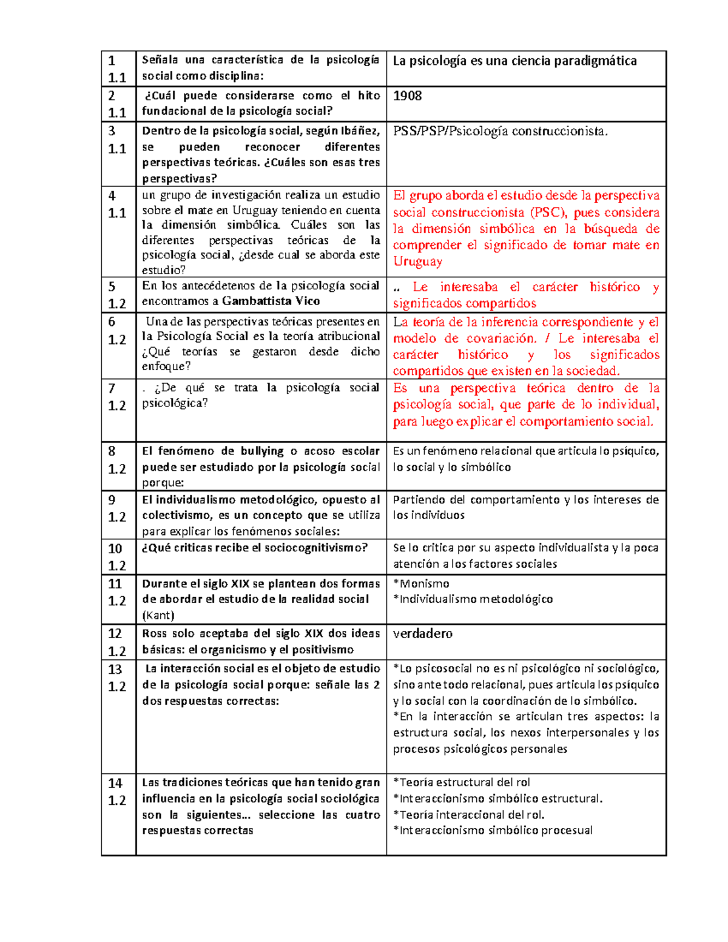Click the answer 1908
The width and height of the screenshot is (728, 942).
point(407,96)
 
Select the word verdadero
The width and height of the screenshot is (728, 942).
point(422,634)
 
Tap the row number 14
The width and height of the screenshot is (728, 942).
point(115,783)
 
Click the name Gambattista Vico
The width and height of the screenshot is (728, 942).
point(271,301)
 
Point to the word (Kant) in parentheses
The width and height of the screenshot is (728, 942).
point(158,616)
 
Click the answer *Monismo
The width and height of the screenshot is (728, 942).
point(421,584)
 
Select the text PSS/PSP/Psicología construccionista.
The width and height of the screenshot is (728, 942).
point(500,131)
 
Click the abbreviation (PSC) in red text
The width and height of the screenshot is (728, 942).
point(548,212)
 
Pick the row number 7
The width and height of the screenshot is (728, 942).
point(112,388)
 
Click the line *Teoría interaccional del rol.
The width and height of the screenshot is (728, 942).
point(468,815)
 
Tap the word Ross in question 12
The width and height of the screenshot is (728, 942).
point(154,634)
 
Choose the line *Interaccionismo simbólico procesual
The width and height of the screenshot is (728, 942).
point(493,830)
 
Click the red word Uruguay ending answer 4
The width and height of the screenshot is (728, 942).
point(417,261)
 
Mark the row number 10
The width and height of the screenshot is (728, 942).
point(115,549)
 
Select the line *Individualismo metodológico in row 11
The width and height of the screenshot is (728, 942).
point(473,599)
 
